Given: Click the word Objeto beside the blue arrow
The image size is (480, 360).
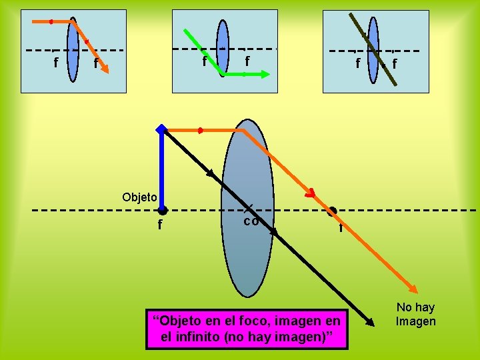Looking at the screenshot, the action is [139, 197].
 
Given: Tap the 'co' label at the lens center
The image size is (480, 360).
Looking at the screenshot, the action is [250, 221].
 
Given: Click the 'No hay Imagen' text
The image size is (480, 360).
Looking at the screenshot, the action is [415, 314].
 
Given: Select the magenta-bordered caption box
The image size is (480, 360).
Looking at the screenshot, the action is [247, 329].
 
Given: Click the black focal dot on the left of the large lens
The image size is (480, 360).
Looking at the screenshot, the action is [163, 211].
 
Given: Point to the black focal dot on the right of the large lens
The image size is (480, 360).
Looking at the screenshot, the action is [333, 211].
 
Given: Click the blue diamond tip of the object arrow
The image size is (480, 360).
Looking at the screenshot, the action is [161, 129].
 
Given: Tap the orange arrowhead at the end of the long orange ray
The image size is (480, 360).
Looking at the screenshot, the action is [414, 289].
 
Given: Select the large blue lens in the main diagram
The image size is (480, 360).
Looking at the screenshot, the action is [247, 207].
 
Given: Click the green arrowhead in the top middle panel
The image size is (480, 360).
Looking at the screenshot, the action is [265, 75].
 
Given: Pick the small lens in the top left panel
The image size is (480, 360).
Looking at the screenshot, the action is [73, 50].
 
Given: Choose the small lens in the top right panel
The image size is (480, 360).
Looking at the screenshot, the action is [373, 50].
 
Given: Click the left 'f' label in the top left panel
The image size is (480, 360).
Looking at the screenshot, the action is [55, 63].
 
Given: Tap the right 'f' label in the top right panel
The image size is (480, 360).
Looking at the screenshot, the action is [395, 64].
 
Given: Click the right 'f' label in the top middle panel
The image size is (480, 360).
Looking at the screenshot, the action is [247, 61].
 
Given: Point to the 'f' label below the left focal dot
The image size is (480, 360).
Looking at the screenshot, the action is [160, 225].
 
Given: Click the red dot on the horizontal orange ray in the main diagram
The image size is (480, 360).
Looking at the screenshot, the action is [200, 130].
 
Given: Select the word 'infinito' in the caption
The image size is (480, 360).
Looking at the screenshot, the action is [199, 337].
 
